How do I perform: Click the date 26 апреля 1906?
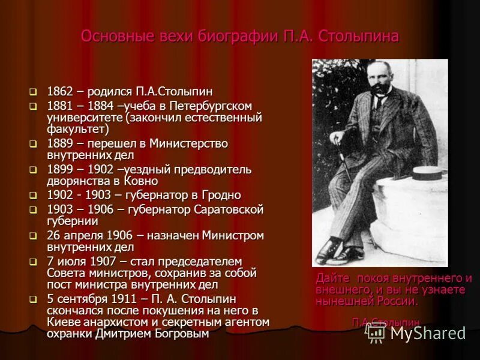pos(85,235)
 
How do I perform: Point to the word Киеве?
pos(62,322)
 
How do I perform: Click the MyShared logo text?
pos(427,333)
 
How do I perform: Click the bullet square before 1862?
pos(34,92)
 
